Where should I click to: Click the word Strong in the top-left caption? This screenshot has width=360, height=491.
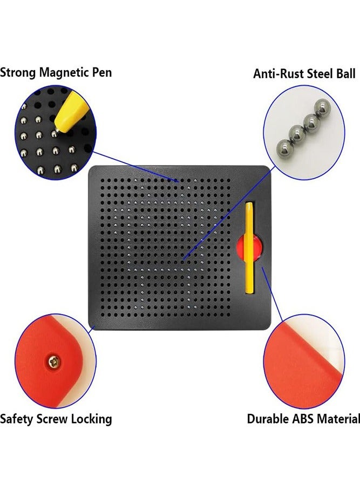18,73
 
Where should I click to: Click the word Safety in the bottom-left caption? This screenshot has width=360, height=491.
17,419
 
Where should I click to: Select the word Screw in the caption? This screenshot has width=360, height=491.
52,419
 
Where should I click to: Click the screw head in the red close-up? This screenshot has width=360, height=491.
54,363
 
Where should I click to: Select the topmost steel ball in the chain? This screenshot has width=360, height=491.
323,107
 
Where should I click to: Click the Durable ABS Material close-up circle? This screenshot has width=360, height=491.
304,361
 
